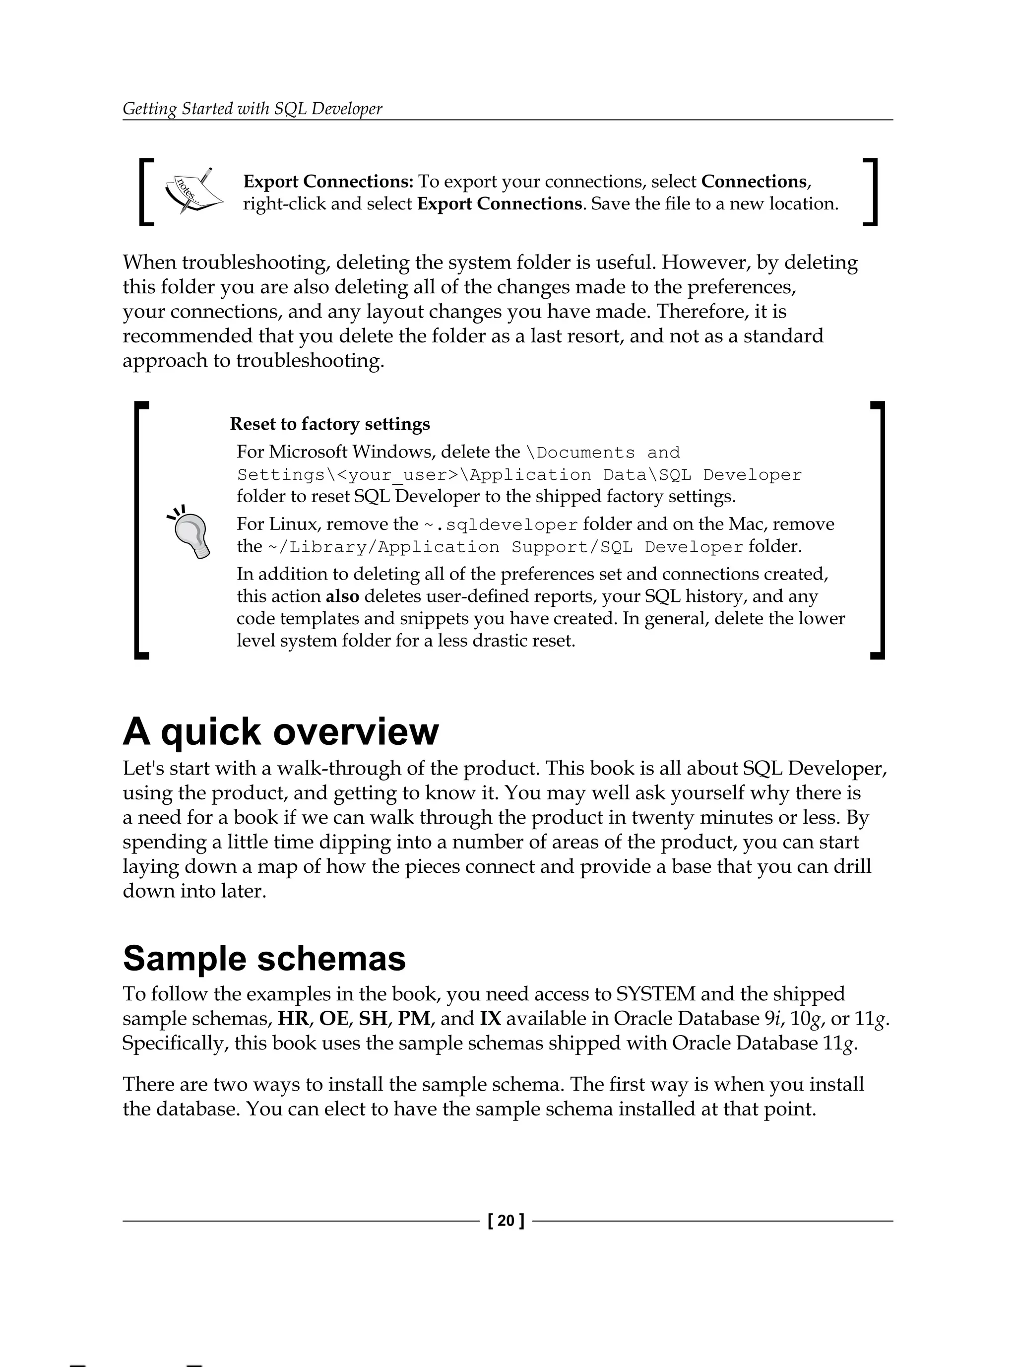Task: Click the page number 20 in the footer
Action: pos(506,1221)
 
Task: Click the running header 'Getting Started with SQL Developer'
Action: pos(252,109)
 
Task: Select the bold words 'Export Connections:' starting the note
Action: pos(328,182)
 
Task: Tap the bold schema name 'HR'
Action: pos(292,1018)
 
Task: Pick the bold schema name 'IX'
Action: pos(490,1018)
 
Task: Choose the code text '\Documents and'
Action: pos(602,453)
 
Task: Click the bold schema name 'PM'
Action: pos(414,1018)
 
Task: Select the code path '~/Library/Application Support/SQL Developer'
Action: pos(505,547)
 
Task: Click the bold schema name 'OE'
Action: pos(333,1018)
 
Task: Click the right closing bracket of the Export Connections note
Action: pos(870,192)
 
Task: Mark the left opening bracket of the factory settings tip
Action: pos(141,530)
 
